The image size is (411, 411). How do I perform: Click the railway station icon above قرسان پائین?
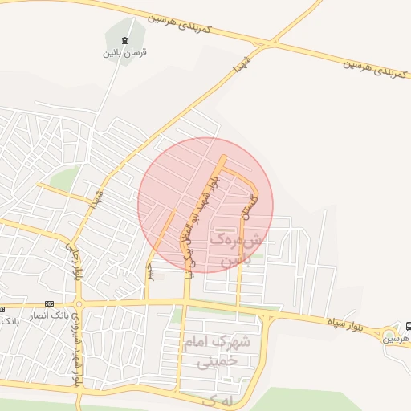point(124,40)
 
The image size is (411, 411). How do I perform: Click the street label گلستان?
point(250,210)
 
